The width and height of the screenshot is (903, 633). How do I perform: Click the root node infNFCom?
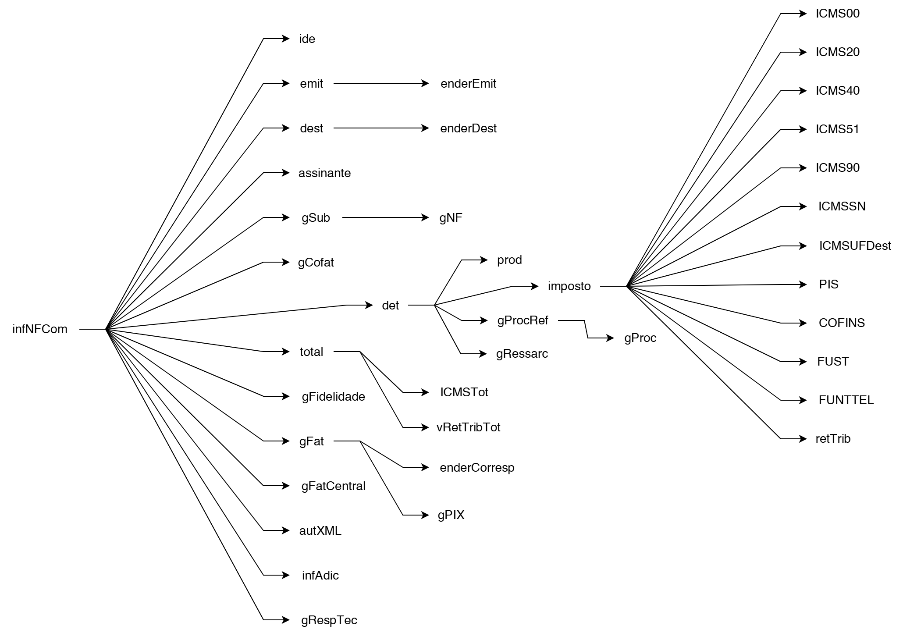tap(40, 329)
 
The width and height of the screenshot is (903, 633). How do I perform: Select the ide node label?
tap(307, 39)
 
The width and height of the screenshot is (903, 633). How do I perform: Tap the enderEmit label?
tap(468, 84)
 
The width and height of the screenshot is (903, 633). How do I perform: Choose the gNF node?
tap(451, 218)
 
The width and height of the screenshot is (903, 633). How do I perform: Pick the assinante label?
tap(324, 173)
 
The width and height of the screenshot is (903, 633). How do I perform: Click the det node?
tap(390, 306)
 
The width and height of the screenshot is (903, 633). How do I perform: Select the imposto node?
tap(569, 286)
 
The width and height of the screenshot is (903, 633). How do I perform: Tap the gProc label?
tap(640, 338)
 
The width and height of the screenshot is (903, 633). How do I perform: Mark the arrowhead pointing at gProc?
tap(610, 338)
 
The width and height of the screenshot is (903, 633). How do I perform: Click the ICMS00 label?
tap(837, 14)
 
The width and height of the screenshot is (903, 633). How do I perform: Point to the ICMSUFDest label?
tap(855, 246)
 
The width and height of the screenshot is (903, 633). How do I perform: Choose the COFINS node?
tap(842, 323)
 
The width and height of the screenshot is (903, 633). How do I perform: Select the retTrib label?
tap(833, 439)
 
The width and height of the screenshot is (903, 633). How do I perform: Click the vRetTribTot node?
tap(468, 427)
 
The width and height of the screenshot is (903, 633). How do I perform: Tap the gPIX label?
tap(451, 515)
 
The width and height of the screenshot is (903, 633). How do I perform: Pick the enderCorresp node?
tap(477, 468)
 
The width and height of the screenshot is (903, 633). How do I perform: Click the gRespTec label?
tap(329, 620)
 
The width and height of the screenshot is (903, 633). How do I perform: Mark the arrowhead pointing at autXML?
tap(286, 530)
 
